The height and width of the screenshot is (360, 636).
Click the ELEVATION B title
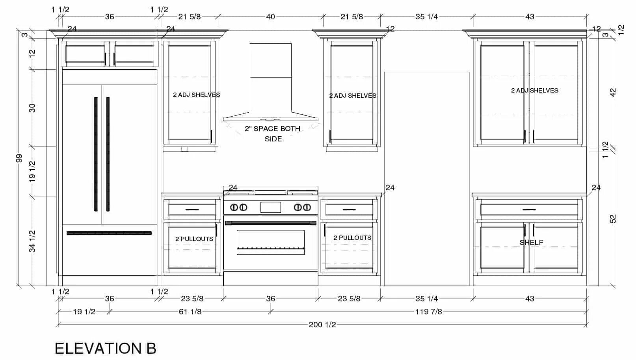tap(105, 348)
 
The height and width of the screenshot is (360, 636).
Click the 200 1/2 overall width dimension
tap(322, 325)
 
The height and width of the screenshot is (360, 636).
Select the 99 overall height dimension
tap(19, 158)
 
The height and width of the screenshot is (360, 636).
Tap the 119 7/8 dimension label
tap(429, 312)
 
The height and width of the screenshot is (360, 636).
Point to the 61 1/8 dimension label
tap(190, 312)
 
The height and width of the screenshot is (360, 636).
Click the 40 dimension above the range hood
tap(270, 17)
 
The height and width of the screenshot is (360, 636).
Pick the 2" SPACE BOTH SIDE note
tap(273, 134)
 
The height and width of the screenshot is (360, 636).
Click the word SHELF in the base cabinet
tap(531, 243)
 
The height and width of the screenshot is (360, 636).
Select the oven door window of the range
tap(271, 242)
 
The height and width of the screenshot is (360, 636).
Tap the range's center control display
tap(271, 208)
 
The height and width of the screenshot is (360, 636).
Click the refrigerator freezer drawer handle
tap(109, 233)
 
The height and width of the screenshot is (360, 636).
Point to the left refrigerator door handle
tap(96, 154)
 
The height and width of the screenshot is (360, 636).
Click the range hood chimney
tap(271, 78)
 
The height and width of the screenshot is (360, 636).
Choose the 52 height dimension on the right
tap(613, 219)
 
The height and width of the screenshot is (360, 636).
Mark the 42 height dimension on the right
tap(613, 93)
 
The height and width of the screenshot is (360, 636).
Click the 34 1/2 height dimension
tap(32, 241)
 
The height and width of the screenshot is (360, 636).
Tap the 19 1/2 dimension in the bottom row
tap(84, 312)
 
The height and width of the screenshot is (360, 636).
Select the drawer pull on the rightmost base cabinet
tap(529, 210)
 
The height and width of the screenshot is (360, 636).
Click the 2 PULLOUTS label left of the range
tap(194, 239)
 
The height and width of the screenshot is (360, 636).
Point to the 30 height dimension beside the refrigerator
tap(32, 108)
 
